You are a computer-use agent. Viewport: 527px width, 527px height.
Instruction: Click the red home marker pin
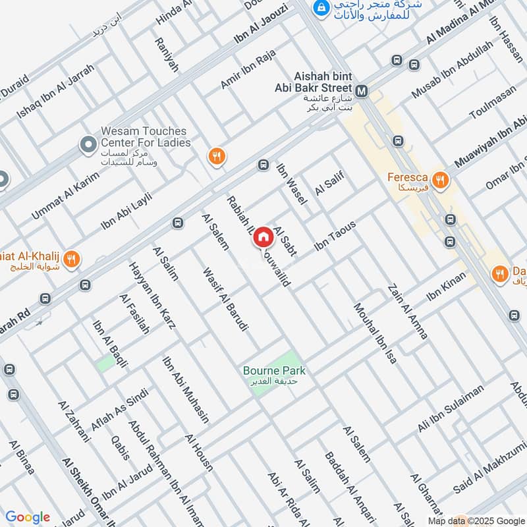coord(263,237)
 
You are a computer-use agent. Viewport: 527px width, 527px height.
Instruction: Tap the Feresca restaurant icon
coord(441,179)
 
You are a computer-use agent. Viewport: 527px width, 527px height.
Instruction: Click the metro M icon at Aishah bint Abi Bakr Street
coord(361,90)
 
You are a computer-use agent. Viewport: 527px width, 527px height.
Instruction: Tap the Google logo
coord(28,517)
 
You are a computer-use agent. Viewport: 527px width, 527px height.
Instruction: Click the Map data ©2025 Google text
coord(483,519)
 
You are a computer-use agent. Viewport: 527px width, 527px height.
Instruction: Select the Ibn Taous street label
coord(335,235)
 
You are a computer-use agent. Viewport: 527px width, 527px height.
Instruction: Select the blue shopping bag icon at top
coord(321,8)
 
